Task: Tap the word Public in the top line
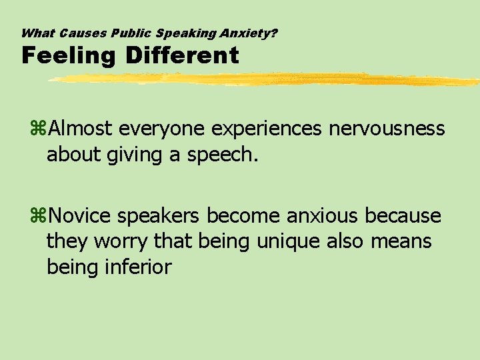pos(125,32)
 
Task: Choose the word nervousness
pos(387,127)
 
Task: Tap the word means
pos(402,241)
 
